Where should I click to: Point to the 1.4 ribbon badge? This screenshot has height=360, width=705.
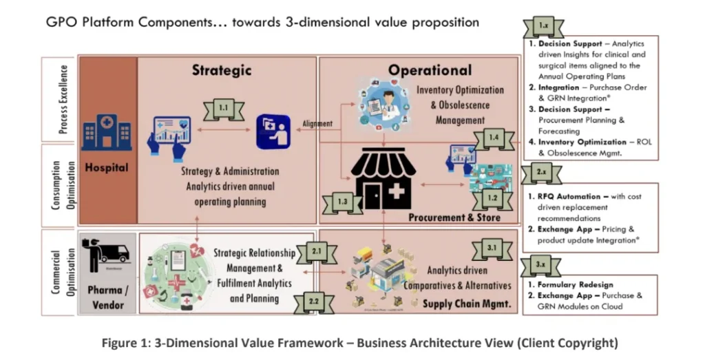pyautogui.click(x=492, y=138)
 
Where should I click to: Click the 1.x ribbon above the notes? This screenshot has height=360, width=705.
pyautogui.click(x=544, y=26)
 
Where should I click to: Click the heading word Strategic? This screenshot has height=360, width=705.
pyautogui.click(x=222, y=70)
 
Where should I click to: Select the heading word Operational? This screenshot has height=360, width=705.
pyautogui.click(x=430, y=70)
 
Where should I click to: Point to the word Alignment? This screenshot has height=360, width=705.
pyautogui.click(x=317, y=124)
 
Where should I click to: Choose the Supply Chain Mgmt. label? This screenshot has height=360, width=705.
pyautogui.click(x=465, y=303)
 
